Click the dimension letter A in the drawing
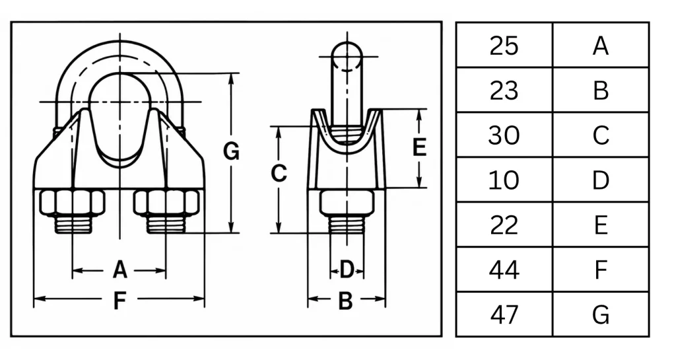click(120, 270)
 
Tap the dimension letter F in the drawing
click(119, 301)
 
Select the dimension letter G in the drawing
click(231, 152)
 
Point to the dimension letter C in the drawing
click(279, 173)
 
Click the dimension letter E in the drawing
click(419, 147)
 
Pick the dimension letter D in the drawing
click(347, 270)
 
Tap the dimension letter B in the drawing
click(346, 301)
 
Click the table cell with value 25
click(504, 46)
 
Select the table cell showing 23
click(504, 90)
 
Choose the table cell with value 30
click(504, 135)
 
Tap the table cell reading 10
click(504, 180)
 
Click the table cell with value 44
click(504, 270)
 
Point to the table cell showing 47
click(504, 314)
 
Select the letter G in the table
click(601, 314)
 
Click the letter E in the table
click(601, 225)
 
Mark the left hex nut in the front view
click(72, 201)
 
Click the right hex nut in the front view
click(166, 201)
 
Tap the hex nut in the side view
click(347, 201)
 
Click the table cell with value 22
click(504, 225)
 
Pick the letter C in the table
click(601, 135)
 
